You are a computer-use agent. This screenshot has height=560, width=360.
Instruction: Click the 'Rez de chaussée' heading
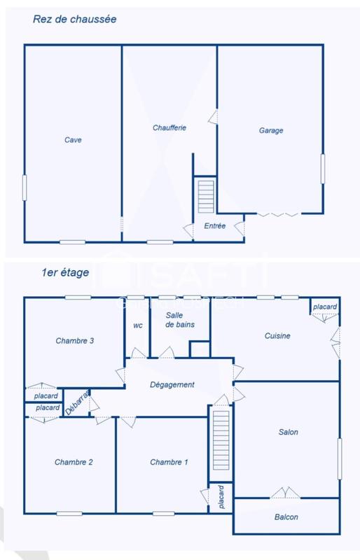click(74, 20)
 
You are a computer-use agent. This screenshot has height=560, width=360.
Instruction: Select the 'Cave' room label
click(73, 140)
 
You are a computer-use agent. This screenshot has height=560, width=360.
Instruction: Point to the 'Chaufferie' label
click(169, 128)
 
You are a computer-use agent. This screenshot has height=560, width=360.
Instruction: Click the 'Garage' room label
click(270, 130)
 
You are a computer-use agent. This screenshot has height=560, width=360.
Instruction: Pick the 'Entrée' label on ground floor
click(214, 226)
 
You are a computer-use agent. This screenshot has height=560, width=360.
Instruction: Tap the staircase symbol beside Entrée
click(205, 197)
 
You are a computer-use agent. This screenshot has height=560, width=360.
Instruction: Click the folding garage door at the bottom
click(278, 213)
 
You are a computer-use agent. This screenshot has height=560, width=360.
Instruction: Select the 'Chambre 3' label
click(74, 341)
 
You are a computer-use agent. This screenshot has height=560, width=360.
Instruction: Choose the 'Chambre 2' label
click(74, 462)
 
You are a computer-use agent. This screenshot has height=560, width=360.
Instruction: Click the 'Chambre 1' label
click(169, 462)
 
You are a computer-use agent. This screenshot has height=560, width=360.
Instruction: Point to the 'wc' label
click(137, 325)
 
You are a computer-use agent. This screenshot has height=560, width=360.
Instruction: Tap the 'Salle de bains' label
click(179, 320)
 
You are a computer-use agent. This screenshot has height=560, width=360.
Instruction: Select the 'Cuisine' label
click(277, 336)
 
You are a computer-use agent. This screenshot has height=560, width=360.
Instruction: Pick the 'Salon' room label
click(288, 432)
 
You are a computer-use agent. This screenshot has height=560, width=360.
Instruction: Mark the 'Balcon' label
click(286, 517)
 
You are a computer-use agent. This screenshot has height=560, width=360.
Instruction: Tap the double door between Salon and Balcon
click(286, 493)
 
